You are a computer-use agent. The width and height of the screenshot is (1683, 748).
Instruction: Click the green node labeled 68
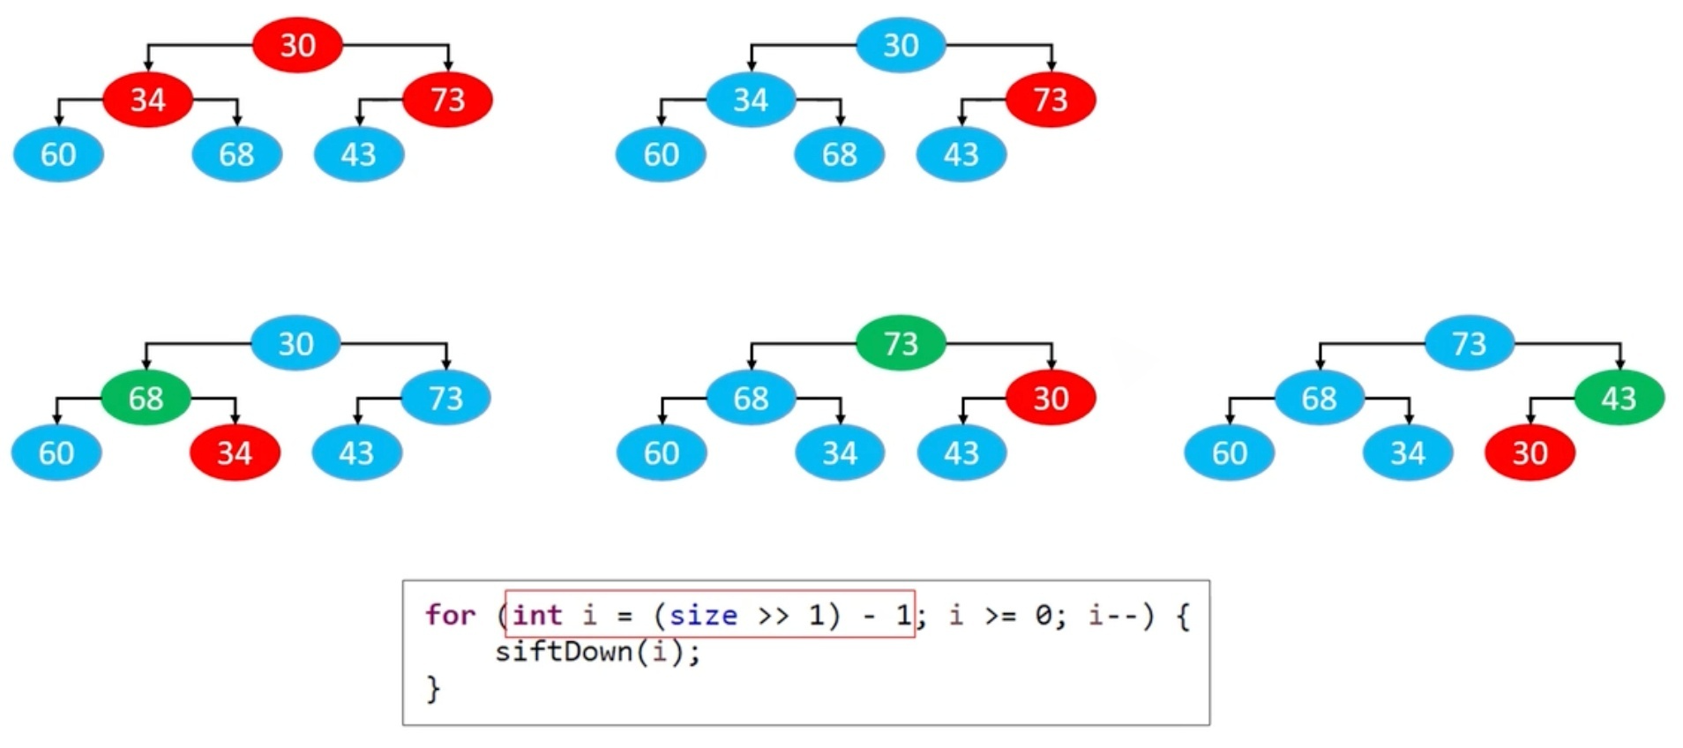146,398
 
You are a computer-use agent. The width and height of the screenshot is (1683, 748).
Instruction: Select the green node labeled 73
901,342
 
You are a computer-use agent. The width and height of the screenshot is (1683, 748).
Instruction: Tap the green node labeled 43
1619,398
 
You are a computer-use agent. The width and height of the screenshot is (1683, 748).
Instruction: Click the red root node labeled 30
297,45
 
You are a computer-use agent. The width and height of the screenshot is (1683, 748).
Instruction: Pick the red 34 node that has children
147,100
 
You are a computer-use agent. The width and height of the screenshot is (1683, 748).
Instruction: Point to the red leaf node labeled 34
235,453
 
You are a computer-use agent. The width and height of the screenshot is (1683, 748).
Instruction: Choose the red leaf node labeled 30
1530,453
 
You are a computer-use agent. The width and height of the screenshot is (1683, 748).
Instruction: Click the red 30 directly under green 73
1051,398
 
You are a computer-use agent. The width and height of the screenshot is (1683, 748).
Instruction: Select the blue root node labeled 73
1469,342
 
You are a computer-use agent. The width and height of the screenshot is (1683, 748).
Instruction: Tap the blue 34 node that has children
751,100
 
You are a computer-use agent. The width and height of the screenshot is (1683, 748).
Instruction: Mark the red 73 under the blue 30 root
1051,100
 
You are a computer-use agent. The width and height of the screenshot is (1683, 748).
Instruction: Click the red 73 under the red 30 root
447,100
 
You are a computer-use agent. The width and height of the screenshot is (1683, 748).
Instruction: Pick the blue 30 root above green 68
295,342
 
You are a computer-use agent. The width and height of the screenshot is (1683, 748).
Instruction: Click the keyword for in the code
450,614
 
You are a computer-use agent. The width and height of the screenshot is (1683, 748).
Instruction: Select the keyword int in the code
537,614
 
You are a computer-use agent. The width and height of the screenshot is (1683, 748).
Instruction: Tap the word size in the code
703,614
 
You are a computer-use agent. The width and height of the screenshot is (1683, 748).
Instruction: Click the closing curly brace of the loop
433,688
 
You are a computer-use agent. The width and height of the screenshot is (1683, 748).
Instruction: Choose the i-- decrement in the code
1112,614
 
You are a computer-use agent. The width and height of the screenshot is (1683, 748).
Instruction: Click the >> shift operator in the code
774,615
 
